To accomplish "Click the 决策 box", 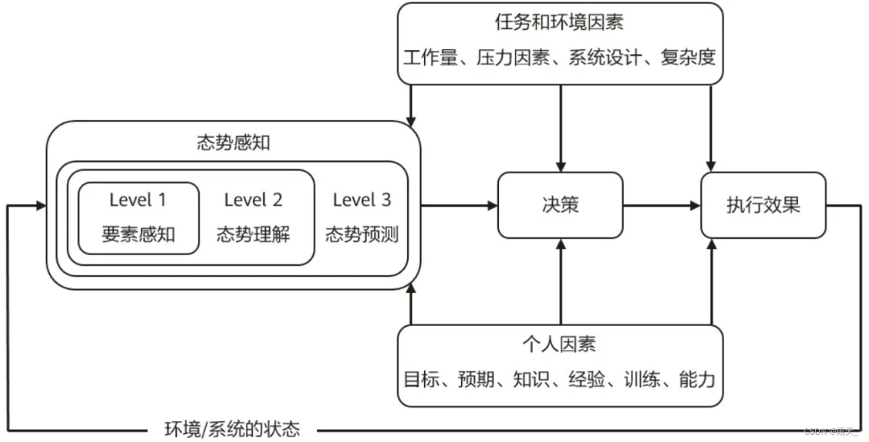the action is (x=560, y=205).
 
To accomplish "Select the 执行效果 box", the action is (x=763, y=205).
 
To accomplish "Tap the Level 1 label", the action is (x=138, y=200).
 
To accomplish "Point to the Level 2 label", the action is (x=253, y=200).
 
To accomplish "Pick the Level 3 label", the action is (x=362, y=200).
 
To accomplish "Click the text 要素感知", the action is (x=138, y=234).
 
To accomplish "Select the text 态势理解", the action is (x=253, y=234).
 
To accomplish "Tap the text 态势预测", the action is (x=362, y=234).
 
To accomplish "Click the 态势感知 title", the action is (x=233, y=143).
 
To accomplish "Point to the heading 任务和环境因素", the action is (x=560, y=23).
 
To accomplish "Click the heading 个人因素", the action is (x=560, y=345).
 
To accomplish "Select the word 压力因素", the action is (x=513, y=57).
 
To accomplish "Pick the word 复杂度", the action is (x=688, y=57).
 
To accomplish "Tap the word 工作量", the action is (x=430, y=57).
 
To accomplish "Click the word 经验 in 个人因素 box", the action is (x=587, y=379).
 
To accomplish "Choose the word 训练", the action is (x=642, y=379).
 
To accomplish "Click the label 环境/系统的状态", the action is (x=233, y=429).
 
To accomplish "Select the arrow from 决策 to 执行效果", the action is (x=661, y=206).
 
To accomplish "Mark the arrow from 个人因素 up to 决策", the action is (x=561, y=282).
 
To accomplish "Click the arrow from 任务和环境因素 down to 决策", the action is (x=561, y=129).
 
